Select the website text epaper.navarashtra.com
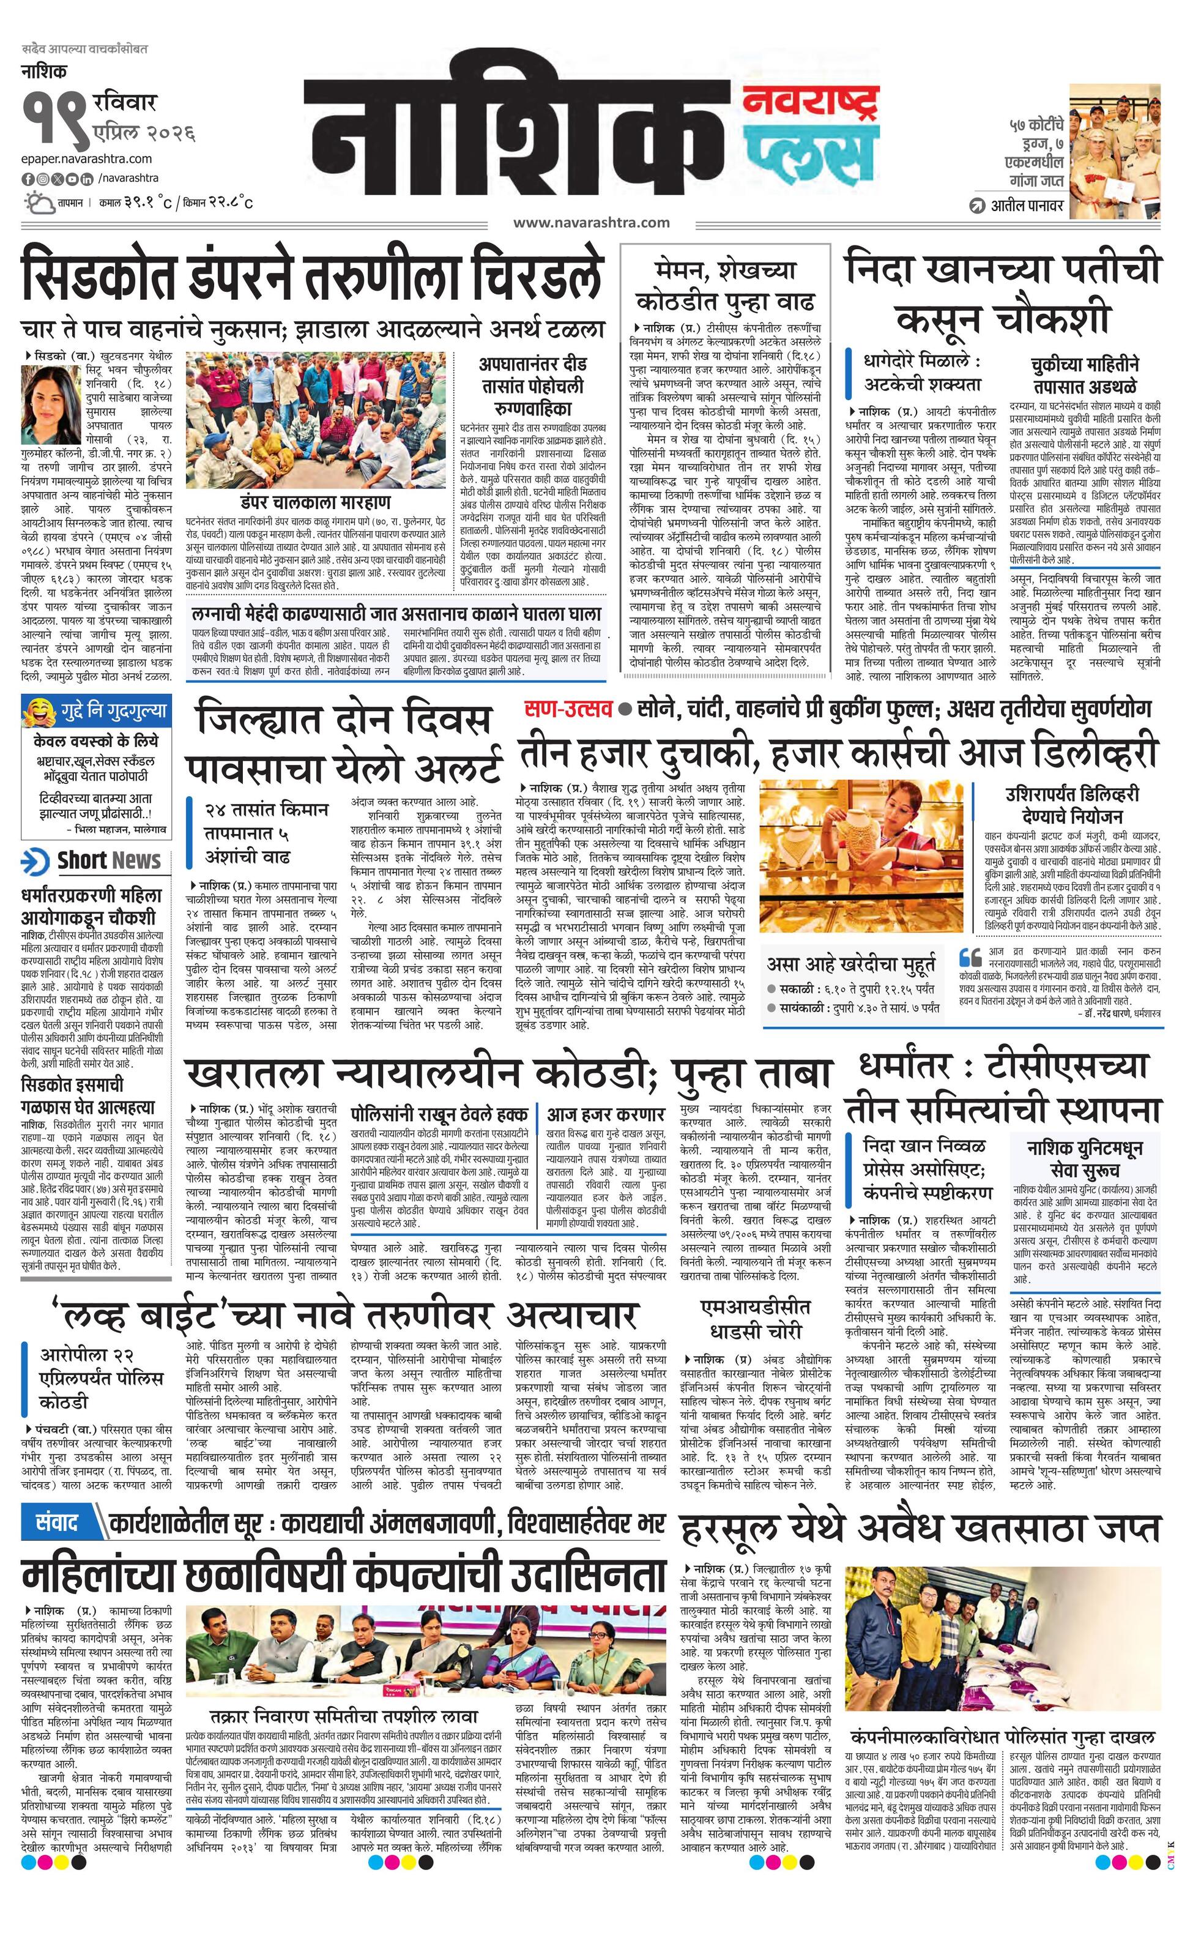[87, 159]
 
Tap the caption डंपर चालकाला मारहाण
[316, 502]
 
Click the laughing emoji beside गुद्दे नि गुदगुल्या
[39, 711]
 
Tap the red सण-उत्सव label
[568, 708]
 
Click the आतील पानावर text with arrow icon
[1016, 206]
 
